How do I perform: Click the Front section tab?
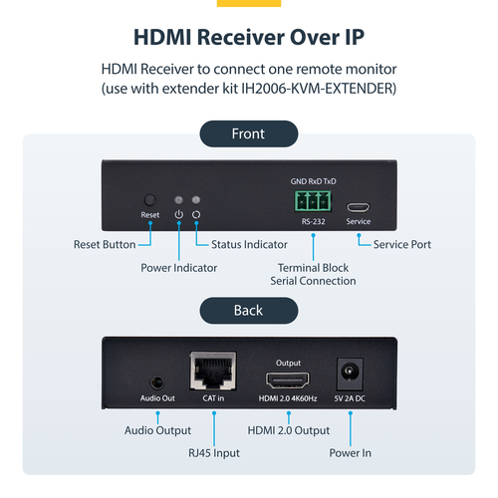[x=248, y=133]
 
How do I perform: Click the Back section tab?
[x=248, y=311]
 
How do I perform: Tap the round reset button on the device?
[x=150, y=199]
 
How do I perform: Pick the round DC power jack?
[x=351, y=375]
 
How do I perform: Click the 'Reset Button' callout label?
[x=106, y=245]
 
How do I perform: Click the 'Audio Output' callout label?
[x=157, y=431]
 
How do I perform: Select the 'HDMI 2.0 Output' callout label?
[x=288, y=431]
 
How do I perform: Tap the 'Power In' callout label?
[x=350, y=453]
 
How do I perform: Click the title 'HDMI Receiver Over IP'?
[x=248, y=37]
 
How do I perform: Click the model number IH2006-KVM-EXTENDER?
[x=303, y=89]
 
